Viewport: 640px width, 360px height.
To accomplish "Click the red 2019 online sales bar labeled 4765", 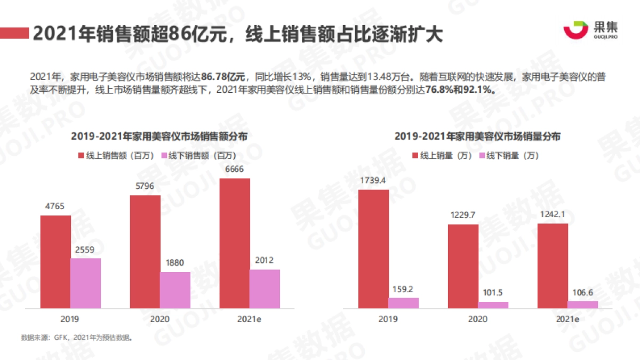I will pyautogui.click(x=55, y=262).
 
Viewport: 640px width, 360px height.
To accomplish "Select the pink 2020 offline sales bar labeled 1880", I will pyautogui.click(x=175, y=290).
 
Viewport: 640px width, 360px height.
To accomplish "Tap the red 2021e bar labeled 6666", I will pyautogui.click(x=235, y=243).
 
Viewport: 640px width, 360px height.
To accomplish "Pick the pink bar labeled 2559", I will pyautogui.click(x=85, y=283).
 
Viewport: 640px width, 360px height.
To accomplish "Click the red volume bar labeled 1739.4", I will pyautogui.click(x=373, y=249).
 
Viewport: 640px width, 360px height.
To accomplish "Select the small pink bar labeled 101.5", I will pyautogui.click(x=493, y=305).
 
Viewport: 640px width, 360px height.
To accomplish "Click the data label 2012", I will pyautogui.click(x=264, y=261).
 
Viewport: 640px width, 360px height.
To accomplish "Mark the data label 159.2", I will pyautogui.click(x=403, y=290).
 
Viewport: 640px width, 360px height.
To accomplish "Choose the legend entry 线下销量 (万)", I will pyautogui.click(x=509, y=156).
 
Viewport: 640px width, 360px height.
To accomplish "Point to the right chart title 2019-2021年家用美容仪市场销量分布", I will pyautogui.click(x=477, y=137).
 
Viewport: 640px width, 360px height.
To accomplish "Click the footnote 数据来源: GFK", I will pyautogui.click(x=42, y=338).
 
